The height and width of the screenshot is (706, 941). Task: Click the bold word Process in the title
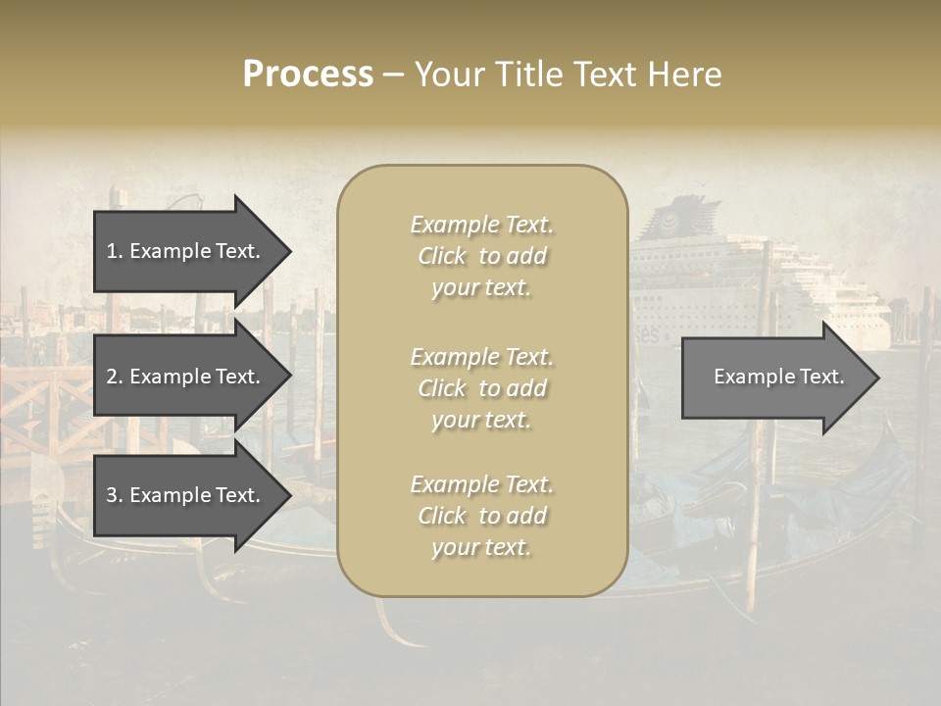(x=308, y=75)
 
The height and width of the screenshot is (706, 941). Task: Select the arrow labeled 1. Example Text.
(x=183, y=251)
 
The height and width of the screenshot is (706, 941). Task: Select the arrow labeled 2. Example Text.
(x=183, y=377)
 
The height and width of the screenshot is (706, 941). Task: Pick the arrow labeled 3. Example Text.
(x=183, y=495)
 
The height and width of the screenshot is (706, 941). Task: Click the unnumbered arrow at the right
(x=774, y=377)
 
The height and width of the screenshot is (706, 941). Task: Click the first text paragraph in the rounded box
(x=481, y=256)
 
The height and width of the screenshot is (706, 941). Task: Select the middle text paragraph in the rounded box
(x=481, y=388)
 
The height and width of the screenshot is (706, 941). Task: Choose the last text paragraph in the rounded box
(x=481, y=516)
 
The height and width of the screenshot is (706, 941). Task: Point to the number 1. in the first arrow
(x=114, y=251)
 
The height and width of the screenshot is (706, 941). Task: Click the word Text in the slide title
(x=605, y=75)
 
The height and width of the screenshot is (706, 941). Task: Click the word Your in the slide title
(x=449, y=75)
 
